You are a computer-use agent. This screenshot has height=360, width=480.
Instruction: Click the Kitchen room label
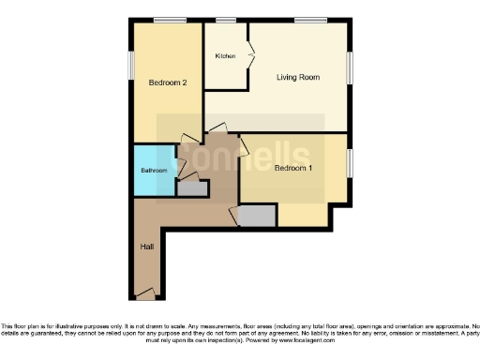pos(224,56)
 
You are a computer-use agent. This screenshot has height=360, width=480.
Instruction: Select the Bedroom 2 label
pos(168,82)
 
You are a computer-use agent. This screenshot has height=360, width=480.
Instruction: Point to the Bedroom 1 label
pos(293,169)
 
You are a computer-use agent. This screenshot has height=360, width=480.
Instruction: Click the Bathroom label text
pos(154,171)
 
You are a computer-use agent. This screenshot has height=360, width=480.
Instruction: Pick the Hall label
pos(147,247)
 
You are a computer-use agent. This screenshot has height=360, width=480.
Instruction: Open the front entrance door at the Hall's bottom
pos(145,295)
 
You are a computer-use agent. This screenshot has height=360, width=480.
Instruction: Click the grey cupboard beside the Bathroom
pos(192,188)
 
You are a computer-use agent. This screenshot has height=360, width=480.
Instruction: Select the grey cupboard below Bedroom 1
pos(257,217)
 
